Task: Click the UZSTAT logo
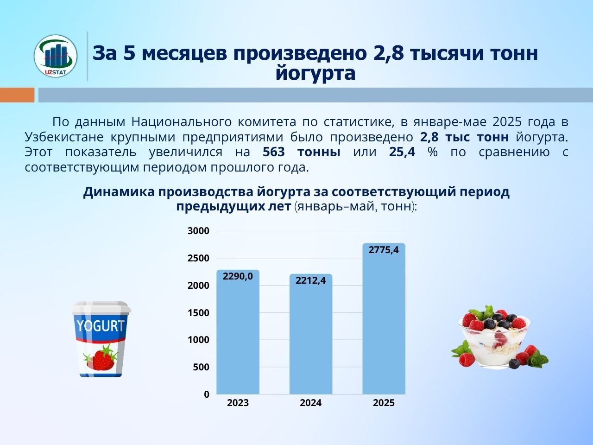[x=56, y=56]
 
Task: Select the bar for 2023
[x=238, y=332]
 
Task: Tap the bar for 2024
[x=311, y=334]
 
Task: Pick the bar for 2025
[x=384, y=318]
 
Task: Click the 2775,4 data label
[x=384, y=250]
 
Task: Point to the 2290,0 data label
[x=238, y=276]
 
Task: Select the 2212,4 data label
[x=311, y=281]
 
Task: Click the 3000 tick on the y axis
[x=198, y=231]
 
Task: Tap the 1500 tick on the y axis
[x=198, y=313]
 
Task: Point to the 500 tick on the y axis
[x=201, y=367]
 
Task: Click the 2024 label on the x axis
[x=311, y=403]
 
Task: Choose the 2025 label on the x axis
[x=384, y=403]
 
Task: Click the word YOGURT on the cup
[x=101, y=326]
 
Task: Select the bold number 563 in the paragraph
[x=274, y=152]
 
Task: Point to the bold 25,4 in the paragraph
[x=402, y=152]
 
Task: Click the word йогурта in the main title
[x=315, y=73]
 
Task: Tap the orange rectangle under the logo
[x=17, y=95]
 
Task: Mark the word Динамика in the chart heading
[x=119, y=192]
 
